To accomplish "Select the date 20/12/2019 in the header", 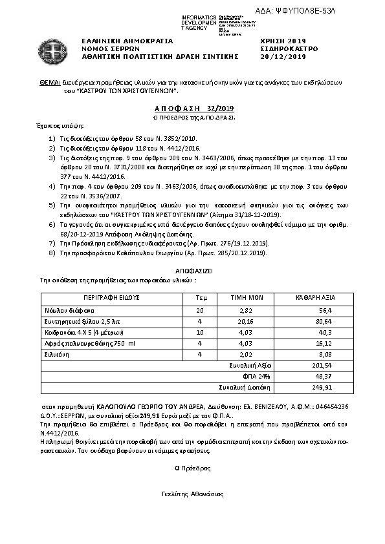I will pos(278,56).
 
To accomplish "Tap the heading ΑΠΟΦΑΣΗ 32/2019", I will pos(193,109).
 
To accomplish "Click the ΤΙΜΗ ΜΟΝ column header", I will pos(246,298).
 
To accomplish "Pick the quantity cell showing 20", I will pos(200,310).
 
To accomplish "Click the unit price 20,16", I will pos(247,321).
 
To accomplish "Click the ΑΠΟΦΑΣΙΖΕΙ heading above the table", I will pos(193,272).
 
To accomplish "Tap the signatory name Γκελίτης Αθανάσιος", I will pos(193,493).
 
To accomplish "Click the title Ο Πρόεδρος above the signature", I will pos(193,467).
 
